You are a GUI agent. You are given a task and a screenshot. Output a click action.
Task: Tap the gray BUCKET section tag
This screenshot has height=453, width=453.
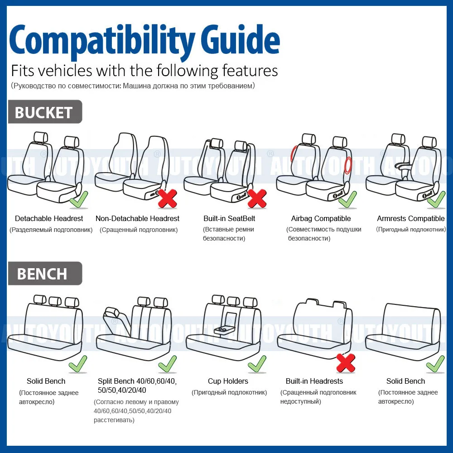tap(44, 112)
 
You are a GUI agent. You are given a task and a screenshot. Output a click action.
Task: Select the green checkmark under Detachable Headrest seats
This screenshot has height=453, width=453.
tap(79, 199)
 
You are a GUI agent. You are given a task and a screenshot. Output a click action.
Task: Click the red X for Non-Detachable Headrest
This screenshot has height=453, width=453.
tap(167, 198)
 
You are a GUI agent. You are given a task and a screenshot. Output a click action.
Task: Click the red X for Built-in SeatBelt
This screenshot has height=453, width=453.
tap(257, 198)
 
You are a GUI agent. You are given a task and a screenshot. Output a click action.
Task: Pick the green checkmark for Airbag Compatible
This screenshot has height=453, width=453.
tap(347, 199)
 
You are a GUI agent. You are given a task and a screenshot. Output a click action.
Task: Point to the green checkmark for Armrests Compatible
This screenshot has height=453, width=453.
tap(436, 199)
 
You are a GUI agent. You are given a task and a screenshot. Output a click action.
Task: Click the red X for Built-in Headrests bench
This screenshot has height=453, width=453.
tap(345, 363)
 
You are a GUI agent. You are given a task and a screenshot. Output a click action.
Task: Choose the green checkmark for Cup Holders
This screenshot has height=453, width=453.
tap(257, 364)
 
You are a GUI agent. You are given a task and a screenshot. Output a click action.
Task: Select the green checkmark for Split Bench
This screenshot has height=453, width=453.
tap(167, 364)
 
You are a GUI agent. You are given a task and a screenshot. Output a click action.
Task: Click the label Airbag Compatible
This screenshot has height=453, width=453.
tap(321, 219)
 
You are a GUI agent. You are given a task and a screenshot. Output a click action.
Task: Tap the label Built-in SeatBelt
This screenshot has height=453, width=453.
tap(229, 219)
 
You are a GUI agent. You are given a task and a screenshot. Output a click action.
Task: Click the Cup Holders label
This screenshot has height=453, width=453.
tap(228, 381)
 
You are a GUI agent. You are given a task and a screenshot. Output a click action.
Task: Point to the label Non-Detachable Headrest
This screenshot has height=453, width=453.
tap(137, 219)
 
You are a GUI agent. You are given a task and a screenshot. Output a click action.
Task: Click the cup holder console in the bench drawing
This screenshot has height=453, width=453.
tap(225, 328)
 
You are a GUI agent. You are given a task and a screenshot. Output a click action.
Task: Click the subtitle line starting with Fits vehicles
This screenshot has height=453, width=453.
tap(144, 71)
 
